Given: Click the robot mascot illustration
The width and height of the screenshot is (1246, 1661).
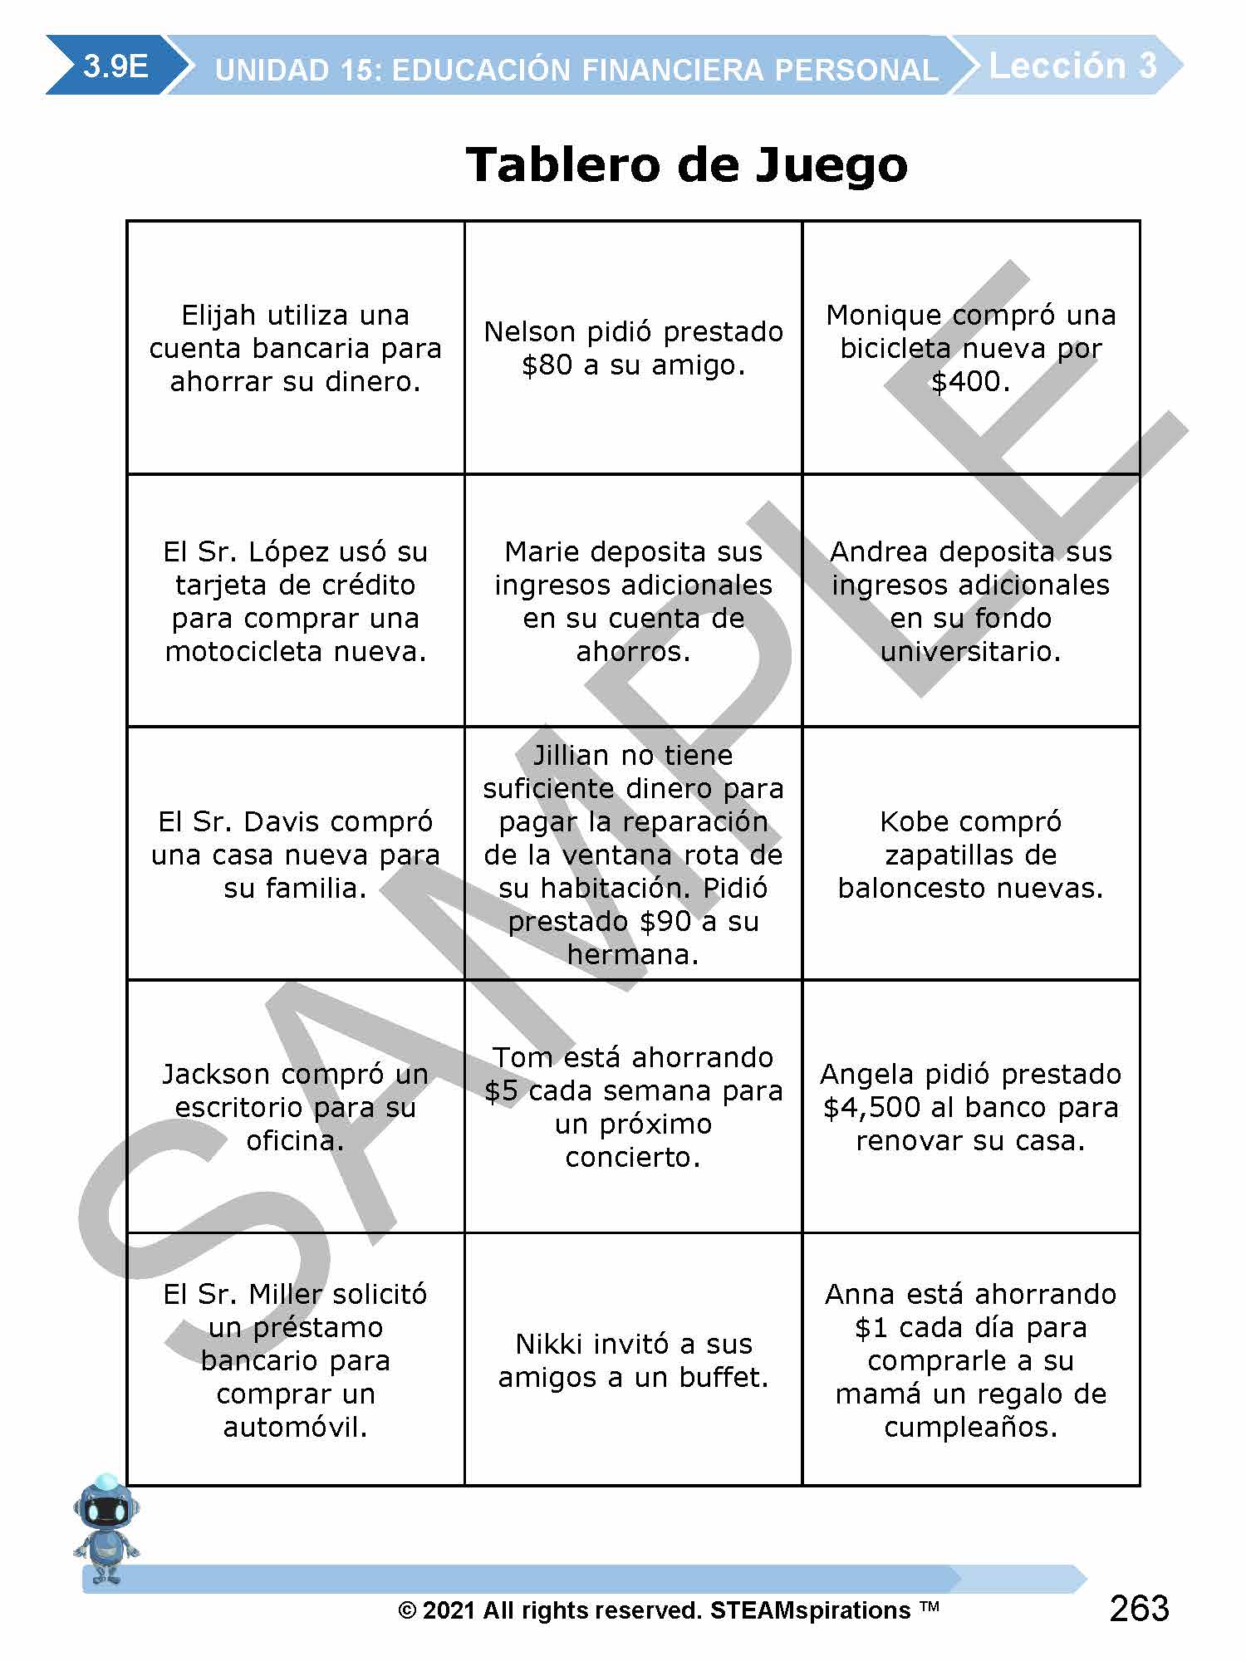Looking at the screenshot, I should (105, 1529).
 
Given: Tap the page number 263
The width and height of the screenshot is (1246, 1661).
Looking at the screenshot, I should (1139, 1608).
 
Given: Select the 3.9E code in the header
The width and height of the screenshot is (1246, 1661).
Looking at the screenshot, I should (115, 66).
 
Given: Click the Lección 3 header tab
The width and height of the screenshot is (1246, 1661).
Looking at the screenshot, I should (1072, 66).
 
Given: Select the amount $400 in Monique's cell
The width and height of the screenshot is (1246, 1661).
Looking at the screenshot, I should (970, 382).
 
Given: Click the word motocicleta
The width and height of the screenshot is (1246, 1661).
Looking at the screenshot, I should (244, 652).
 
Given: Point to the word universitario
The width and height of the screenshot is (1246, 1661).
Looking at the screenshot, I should (970, 652).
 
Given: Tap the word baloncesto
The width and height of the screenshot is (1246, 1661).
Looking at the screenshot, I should (912, 889).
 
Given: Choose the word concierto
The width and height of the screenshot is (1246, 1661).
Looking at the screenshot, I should (633, 1158).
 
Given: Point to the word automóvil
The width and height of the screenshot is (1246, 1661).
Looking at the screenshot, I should (295, 1428).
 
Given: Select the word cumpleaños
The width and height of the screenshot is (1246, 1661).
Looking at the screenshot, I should (970, 1428).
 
